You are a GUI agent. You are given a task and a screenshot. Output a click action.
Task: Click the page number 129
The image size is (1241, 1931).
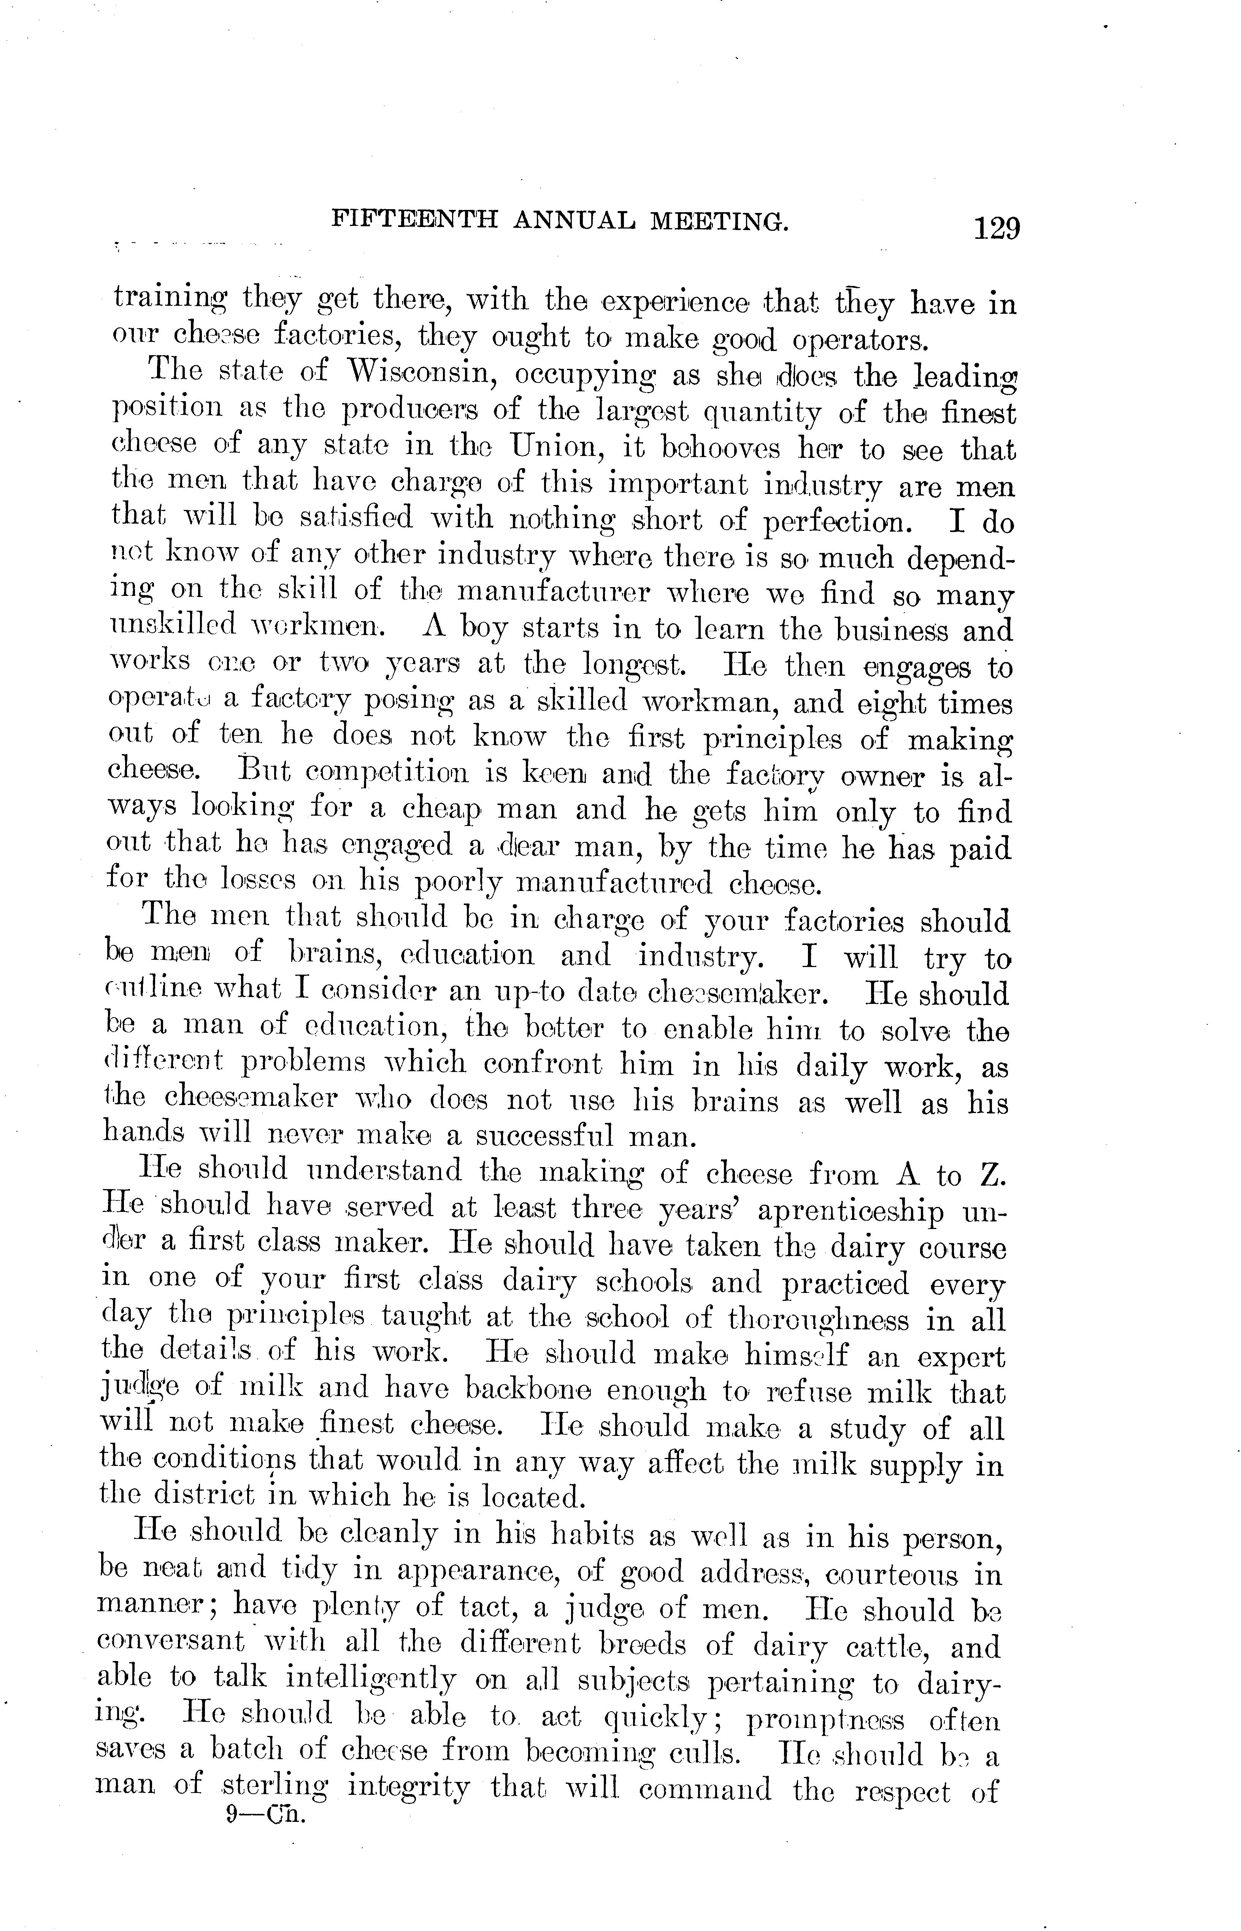click(996, 229)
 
